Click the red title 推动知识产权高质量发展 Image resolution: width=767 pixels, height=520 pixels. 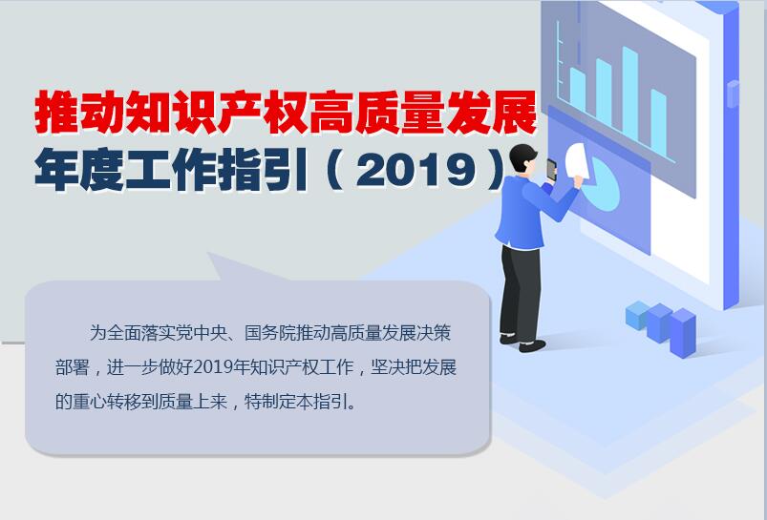[287, 112]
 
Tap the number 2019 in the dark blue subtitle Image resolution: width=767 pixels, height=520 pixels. [416, 170]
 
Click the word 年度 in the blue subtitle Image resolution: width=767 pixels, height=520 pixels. [79, 169]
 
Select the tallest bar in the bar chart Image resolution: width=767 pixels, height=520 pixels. [630, 93]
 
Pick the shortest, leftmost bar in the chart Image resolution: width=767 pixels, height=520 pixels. [578, 90]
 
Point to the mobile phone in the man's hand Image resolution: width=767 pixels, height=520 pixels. [552, 170]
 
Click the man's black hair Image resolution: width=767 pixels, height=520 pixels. [522, 156]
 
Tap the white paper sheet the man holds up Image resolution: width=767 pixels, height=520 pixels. [577, 161]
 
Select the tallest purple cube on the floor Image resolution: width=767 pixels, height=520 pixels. [682, 332]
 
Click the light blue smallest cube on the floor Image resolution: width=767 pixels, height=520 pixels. [638, 315]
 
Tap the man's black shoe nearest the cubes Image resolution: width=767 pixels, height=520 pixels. [532, 346]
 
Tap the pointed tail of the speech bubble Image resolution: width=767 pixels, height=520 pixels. [209, 254]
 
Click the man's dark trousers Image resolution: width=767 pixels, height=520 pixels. [521, 292]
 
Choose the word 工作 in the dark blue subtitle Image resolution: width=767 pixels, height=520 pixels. [171, 169]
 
